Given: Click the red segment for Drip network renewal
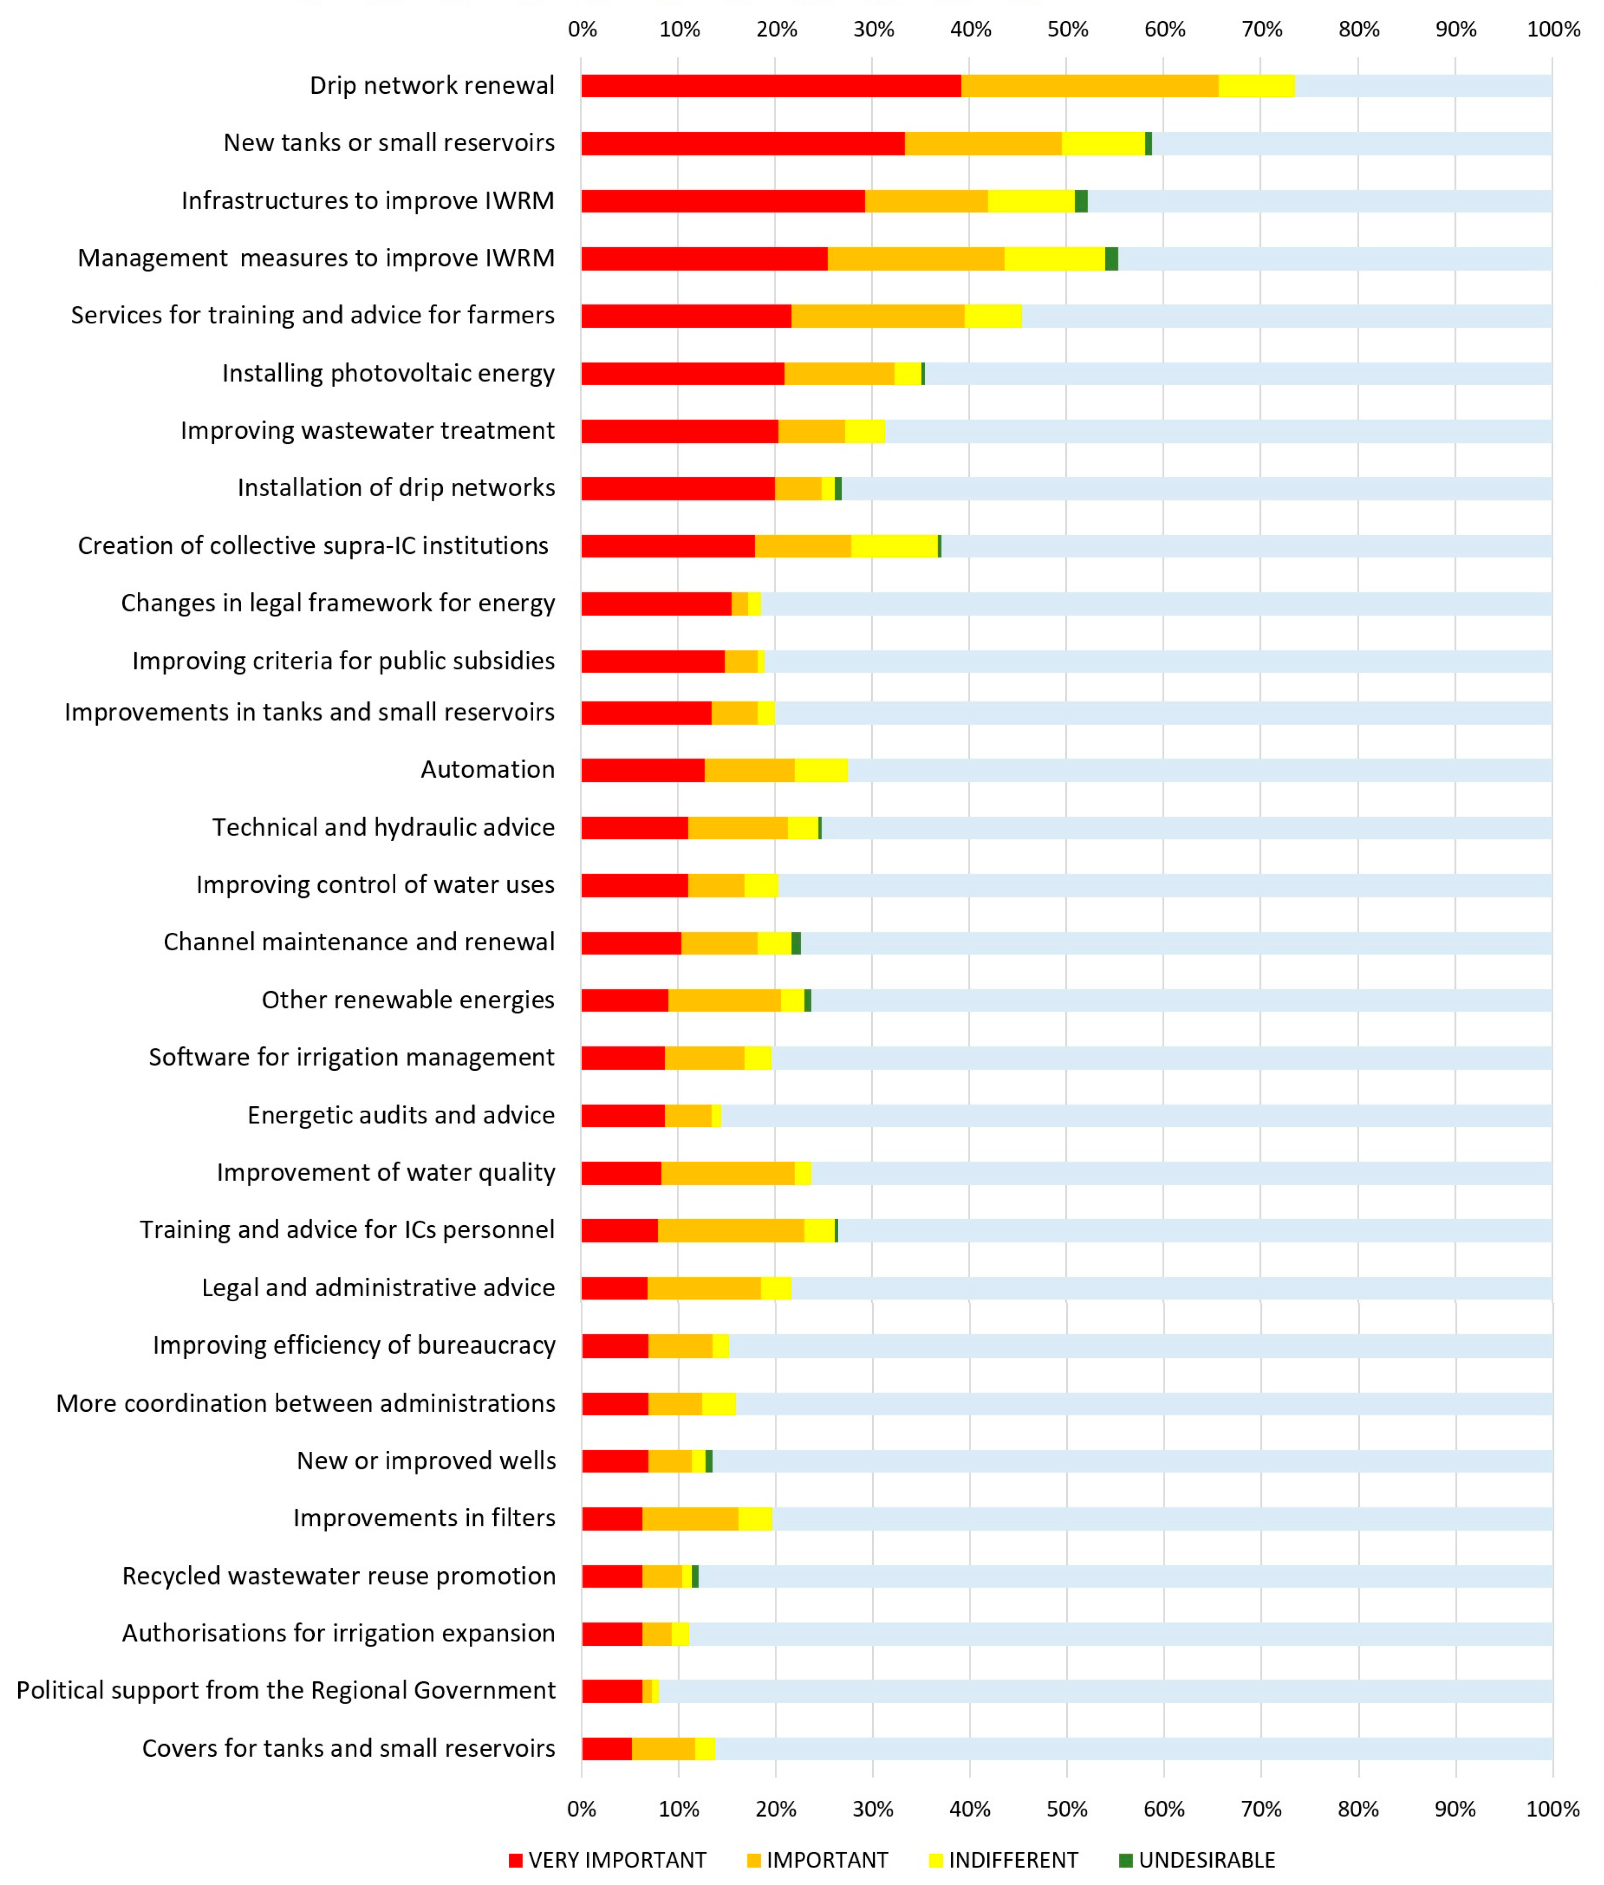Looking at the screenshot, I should click(771, 86).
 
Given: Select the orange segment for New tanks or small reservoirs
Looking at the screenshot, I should click(983, 143).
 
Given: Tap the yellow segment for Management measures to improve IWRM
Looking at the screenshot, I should click(1055, 258).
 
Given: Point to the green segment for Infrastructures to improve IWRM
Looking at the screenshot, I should click(1081, 201).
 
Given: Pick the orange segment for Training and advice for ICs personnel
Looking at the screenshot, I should click(731, 1230).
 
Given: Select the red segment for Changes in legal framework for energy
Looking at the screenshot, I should click(656, 604).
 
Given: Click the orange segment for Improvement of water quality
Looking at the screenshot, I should click(728, 1173).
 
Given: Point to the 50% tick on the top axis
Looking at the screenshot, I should click(1067, 29).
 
